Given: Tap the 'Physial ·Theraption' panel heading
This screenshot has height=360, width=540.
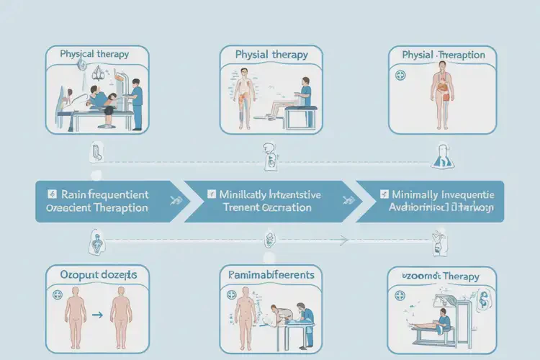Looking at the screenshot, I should [x=442, y=55].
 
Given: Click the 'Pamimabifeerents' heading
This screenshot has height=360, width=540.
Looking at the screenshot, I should [x=271, y=274].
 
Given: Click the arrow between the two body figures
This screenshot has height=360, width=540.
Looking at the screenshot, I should [x=97, y=315].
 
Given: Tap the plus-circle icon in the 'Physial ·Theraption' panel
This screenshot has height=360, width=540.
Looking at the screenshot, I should [x=400, y=75].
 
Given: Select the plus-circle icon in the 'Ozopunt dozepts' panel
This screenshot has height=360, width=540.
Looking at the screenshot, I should [x=57, y=295].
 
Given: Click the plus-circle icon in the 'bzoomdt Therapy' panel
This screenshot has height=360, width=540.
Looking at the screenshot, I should [x=400, y=295].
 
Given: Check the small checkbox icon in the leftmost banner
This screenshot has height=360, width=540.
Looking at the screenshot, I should [x=52, y=194].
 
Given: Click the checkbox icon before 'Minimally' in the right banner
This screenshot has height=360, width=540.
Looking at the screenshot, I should [x=384, y=194].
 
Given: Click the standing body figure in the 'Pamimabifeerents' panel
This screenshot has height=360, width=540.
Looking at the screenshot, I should [x=246, y=310].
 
